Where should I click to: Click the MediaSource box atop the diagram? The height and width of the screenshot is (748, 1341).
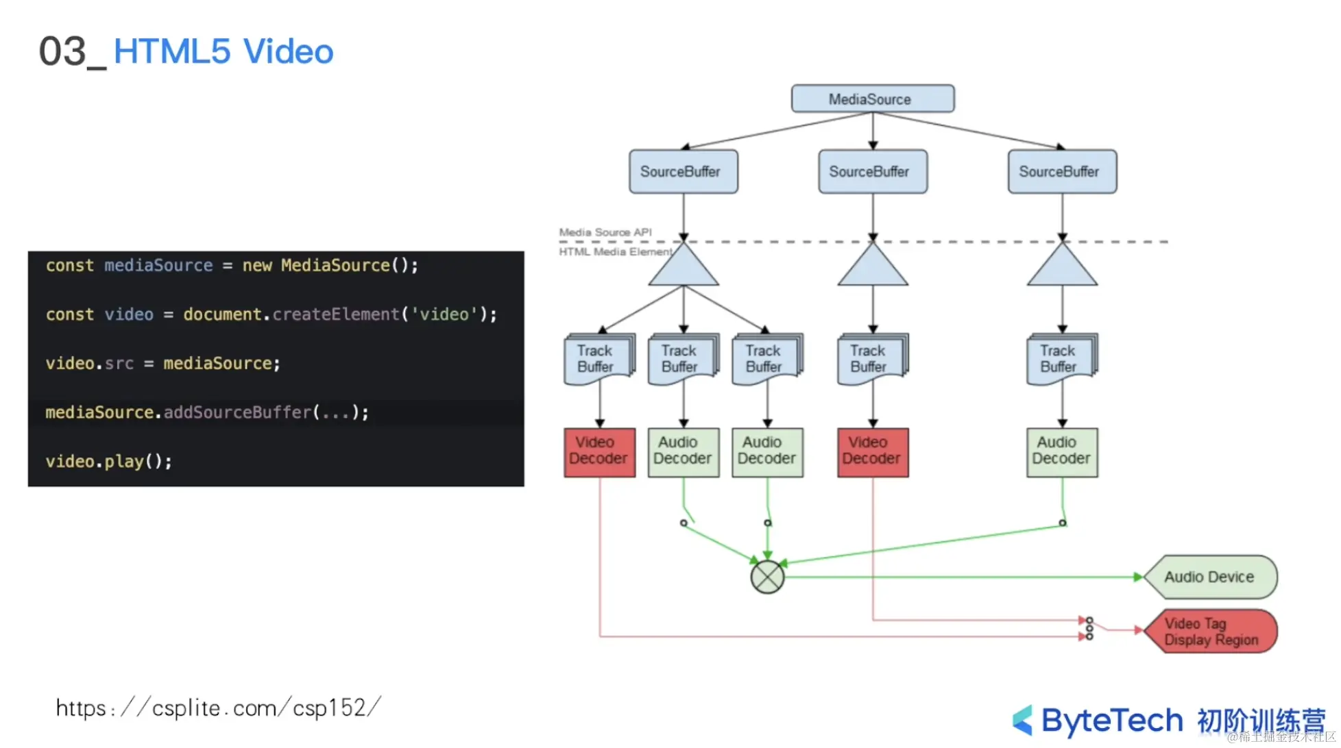tap(872, 99)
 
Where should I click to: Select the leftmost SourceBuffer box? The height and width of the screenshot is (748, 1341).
tap(683, 171)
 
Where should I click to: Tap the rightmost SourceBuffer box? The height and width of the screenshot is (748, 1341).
tap(1061, 171)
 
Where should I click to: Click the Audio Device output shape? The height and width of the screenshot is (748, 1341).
tap(1209, 577)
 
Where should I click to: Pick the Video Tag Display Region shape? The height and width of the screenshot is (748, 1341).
tap(1211, 631)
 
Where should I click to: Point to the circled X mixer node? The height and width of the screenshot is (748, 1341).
tap(767, 577)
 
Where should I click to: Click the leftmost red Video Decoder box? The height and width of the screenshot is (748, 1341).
tap(599, 451)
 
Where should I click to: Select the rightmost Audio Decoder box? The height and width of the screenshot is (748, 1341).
tap(1061, 451)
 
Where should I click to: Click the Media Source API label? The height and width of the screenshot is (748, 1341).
tap(605, 232)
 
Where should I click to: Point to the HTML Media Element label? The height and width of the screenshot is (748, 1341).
tap(615, 251)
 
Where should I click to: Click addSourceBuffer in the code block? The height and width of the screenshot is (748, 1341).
tap(237, 412)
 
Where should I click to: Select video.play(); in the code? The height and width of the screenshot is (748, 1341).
tap(108, 461)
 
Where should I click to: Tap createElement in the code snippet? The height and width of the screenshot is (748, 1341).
tap(336, 314)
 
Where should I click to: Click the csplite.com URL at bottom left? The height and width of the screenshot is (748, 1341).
tap(218, 708)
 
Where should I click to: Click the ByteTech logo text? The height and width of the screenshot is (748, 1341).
tap(1111, 721)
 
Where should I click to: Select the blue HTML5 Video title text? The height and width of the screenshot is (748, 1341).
tap(223, 51)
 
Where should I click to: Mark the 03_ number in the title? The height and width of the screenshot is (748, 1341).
tap(71, 52)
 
